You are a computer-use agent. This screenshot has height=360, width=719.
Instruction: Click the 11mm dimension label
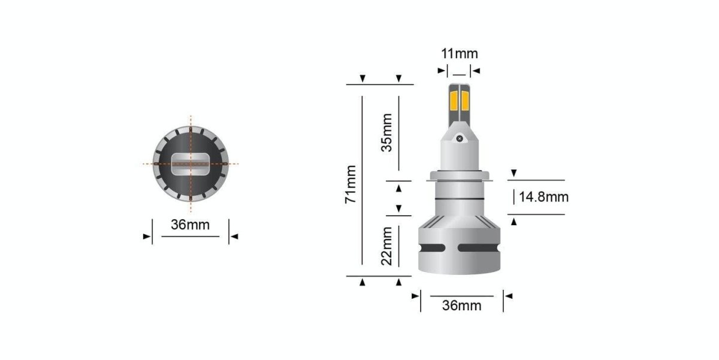point(460,53)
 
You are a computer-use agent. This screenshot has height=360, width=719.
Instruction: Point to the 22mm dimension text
point(387,244)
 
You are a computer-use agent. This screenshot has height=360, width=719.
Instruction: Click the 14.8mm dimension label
point(543,196)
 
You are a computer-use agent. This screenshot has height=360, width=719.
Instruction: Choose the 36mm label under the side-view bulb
point(461,305)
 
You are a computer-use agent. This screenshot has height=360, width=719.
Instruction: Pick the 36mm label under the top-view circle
point(191,225)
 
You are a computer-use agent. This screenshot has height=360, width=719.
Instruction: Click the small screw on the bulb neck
point(460,138)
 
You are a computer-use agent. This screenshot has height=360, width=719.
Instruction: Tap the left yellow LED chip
point(454,102)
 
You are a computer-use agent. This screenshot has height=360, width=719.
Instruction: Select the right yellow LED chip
point(466,102)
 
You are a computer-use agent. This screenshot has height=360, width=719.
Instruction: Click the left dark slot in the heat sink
point(437,248)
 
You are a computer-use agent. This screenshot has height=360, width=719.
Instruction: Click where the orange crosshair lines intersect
point(191,164)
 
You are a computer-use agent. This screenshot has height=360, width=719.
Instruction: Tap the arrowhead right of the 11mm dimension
point(477,71)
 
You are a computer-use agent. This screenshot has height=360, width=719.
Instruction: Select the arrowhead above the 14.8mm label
point(513,174)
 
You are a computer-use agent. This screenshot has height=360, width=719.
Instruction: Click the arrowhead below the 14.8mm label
point(513,222)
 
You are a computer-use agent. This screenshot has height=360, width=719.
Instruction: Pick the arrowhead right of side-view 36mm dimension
point(509,295)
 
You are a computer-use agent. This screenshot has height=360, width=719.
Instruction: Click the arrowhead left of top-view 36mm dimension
point(146,237)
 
